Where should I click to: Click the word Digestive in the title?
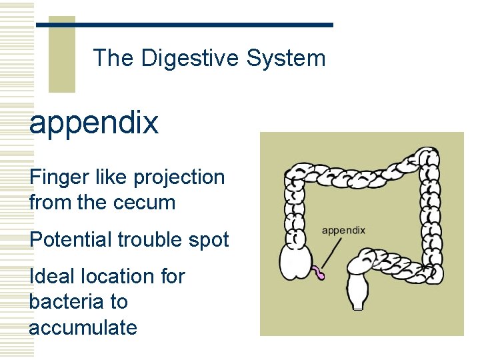(x=191, y=59)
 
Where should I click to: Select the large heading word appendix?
(x=94, y=123)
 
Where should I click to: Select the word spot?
(x=209, y=240)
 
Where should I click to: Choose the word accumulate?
(x=83, y=327)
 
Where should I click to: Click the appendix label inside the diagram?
(x=343, y=231)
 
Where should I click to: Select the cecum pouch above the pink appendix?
(x=295, y=261)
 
